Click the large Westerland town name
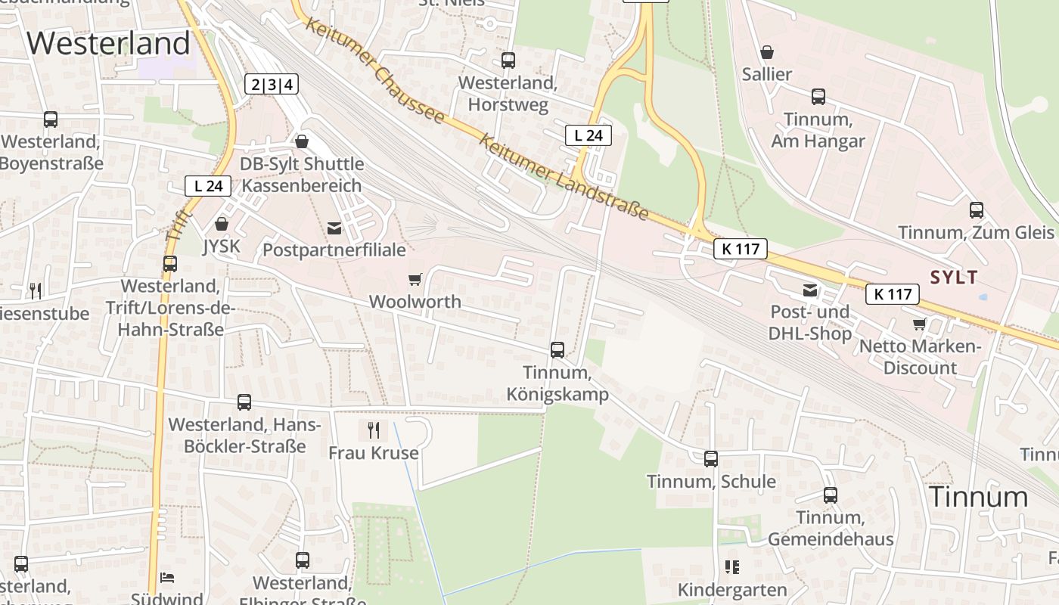[x=108, y=43]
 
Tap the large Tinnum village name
[x=979, y=497]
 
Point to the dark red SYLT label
[x=954, y=277]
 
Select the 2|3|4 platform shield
[x=272, y=84]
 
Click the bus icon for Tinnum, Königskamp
[x=557, y=349]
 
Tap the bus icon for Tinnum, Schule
[x=711, y=458]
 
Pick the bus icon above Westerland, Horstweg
[x=508, y=60]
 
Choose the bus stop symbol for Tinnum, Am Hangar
[x=818, y=96]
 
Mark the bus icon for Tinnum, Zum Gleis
[x=977, y=209]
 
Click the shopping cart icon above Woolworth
[x=415, y=280]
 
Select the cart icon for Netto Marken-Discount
[x=920, y=324]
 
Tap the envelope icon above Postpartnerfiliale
[x=334, y=228]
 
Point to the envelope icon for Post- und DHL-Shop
[x=810, y=290]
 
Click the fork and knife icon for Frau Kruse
[x=374, y=430]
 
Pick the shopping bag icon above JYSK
[x=222, y=224]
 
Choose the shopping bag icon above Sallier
[x=767, y=52]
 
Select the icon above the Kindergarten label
[x=731, y=566]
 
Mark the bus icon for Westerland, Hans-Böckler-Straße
[x=244, y=402]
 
